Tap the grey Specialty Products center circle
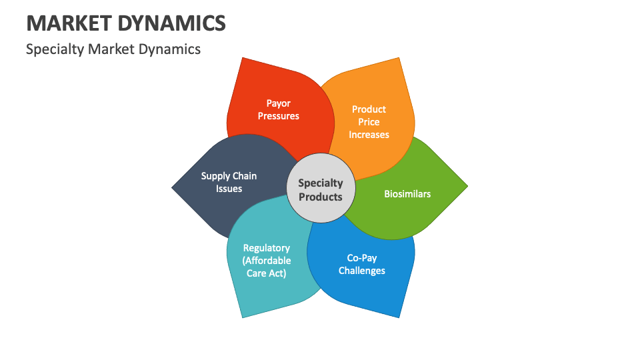(x=321, y=189)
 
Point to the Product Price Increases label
(x=369, y=121)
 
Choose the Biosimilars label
(x=407, y=194)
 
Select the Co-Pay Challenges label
(x=362, y=264)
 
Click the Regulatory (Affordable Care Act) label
(x=267, y=260)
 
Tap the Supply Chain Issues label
(x=229, y=182)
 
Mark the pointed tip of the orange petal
(x=401, y=59)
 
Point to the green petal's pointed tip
(x=467, y=187)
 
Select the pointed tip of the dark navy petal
(x=173, y=187)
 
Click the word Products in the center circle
(x=321, y=197)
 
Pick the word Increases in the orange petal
(x=369, y=134)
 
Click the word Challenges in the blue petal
(x=362, y=270)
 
